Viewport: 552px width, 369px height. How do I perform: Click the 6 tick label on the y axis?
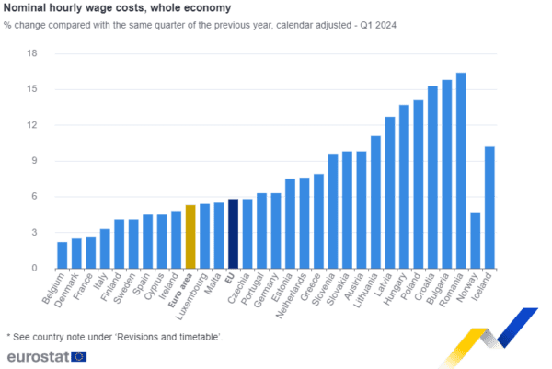(x=34, y=197)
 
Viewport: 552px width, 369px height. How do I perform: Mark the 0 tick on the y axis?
(x=34, y=268)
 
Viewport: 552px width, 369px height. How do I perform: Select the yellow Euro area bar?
(x=190, y=236)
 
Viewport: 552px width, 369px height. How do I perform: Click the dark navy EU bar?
(x=234, y=233)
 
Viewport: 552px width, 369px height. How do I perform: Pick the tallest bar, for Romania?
(x=461, y=169)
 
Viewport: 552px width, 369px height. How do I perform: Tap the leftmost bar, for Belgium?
(x=62, y=254)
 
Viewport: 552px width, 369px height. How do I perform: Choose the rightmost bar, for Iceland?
(x=489, y=206)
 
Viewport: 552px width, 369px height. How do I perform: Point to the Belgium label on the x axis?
(x=56, y=286)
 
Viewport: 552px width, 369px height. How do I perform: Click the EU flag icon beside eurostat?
(x=79, y=356)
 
